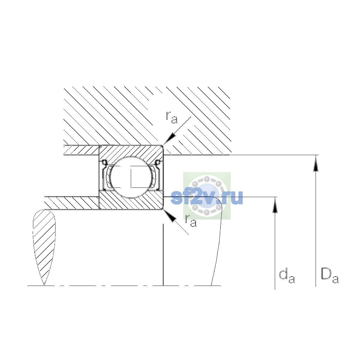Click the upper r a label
(172, 118)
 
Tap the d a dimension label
(287, 276)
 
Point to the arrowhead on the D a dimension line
(316, 164)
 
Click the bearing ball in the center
(131, 177)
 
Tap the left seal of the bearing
(105, 175)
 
